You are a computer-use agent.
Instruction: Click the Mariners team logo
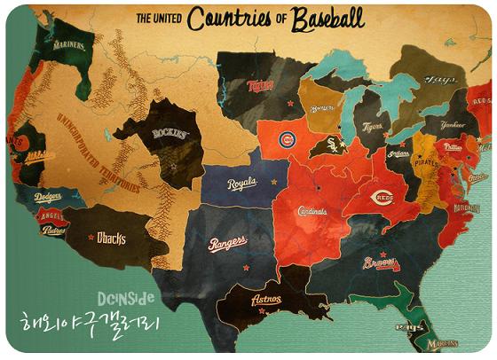pyautogui.click(x=68, y=43)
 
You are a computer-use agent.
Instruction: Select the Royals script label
pyautogui.click(x=241, y=184)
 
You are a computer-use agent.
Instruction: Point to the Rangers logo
pyautogui.click(x=227, y=243)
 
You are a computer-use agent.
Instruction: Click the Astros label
pyautogui.click(x=265, y=300)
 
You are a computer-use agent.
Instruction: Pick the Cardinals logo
pyautogui.click(x=312, y=211)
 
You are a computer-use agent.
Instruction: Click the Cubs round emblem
pyautogui.click(x=287, y=140)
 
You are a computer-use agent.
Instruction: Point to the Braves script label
pyautogui.click(x=382, y=263)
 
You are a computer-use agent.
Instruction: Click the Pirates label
pyautogui.click(x=427, y=163)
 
